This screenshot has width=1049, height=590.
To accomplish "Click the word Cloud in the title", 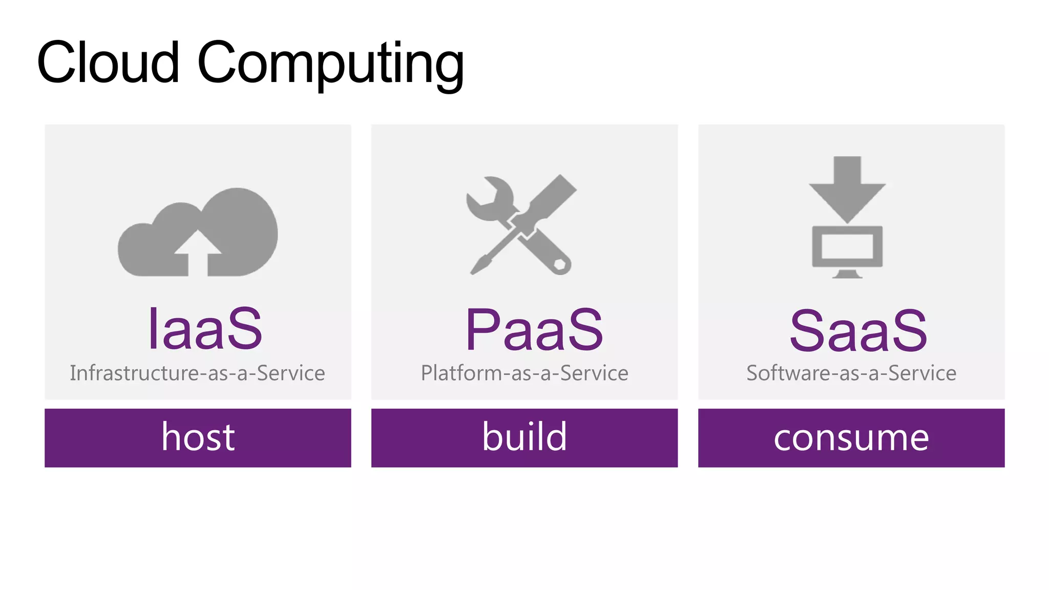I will (108, 62).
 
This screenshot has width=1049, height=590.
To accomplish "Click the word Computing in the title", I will (330, 65).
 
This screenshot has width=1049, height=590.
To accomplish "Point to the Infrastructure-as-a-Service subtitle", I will (197, 373).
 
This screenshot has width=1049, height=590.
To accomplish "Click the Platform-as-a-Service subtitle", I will (524, 373).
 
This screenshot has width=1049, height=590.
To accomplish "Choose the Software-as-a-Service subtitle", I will (851, 373).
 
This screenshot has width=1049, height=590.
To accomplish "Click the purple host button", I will (198, 437).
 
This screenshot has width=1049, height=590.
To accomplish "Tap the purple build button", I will (524, 437).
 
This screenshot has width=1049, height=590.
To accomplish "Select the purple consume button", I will (851, 437).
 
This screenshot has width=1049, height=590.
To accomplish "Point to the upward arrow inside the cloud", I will (198, 251).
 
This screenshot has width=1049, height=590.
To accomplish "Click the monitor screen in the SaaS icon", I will (847, 246).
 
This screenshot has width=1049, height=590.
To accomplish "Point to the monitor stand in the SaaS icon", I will (847, 274).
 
